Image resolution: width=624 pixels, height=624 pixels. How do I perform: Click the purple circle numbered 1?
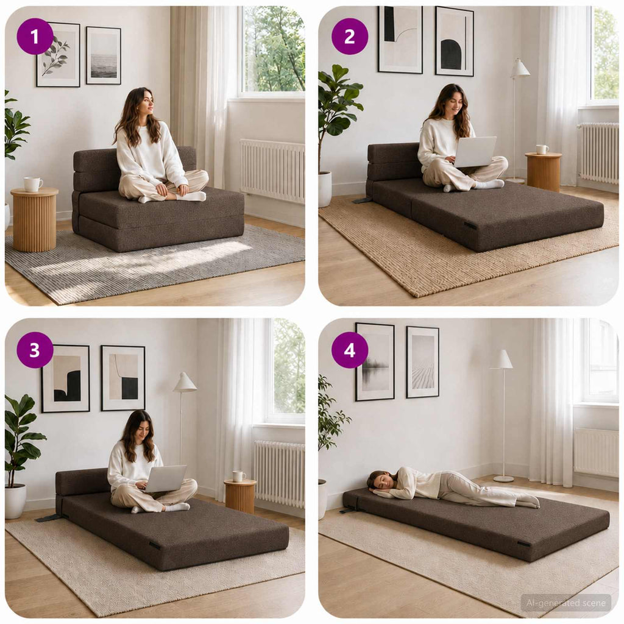35,37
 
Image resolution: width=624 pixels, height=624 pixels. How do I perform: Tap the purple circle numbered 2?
349,37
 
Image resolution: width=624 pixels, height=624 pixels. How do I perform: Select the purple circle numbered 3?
35,350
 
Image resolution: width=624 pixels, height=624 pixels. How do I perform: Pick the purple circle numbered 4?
349,350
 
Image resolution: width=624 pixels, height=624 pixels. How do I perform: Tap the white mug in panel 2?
542,150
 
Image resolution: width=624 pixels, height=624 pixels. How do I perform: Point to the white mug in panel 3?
239,477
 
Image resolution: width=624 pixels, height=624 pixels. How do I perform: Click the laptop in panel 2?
475,152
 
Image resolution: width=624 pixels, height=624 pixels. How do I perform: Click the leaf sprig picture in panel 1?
58,54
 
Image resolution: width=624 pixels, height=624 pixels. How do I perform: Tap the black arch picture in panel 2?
455,41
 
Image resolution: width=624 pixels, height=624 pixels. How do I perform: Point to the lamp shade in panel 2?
520,68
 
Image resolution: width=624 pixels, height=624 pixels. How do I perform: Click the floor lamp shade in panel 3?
185,382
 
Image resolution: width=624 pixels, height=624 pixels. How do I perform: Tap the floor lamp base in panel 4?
504,478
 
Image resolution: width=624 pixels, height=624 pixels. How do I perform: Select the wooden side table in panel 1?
34,219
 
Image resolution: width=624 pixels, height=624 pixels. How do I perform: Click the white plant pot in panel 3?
15,501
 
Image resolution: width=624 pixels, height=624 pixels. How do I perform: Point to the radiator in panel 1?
272,171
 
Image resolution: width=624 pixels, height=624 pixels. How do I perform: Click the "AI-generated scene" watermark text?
566,603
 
